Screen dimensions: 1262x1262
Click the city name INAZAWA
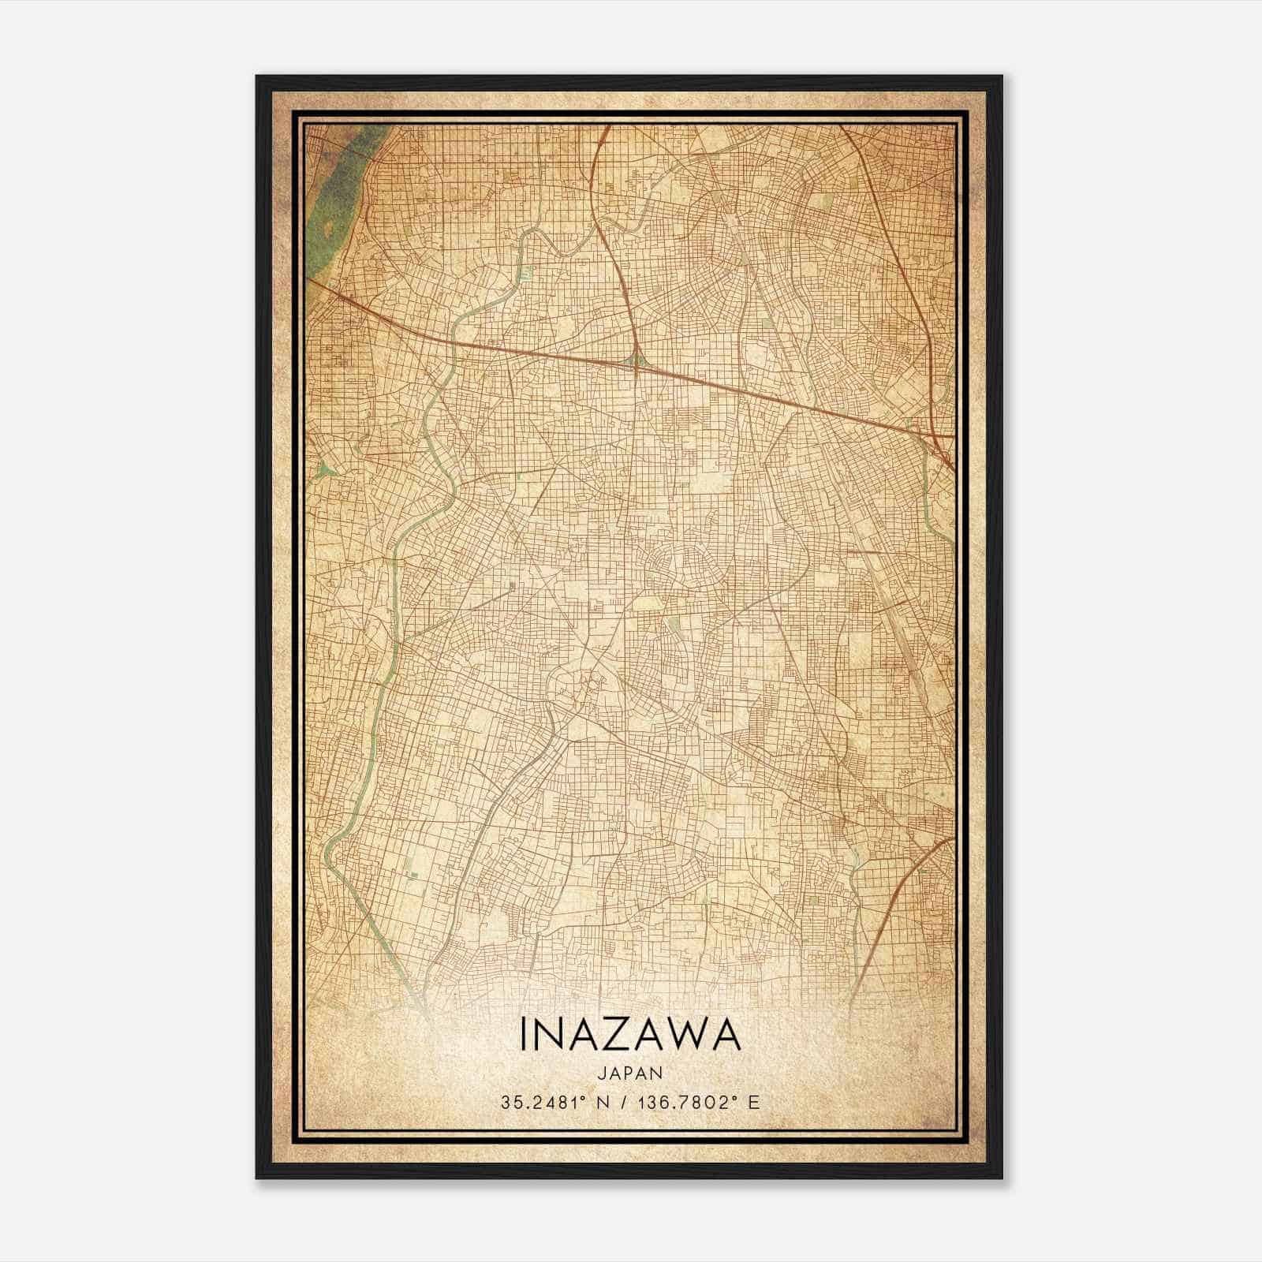[630, 1035]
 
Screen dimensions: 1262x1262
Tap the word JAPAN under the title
[630, 1073]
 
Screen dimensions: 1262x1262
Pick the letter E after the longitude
[755, 1102]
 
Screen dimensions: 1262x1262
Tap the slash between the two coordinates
[625, 1102]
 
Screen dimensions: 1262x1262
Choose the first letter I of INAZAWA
[524, 1035]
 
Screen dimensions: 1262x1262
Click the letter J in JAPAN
[602, 1073]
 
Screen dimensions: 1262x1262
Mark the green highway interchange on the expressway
[636, 363]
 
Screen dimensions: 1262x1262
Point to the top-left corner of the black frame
[258, 77]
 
